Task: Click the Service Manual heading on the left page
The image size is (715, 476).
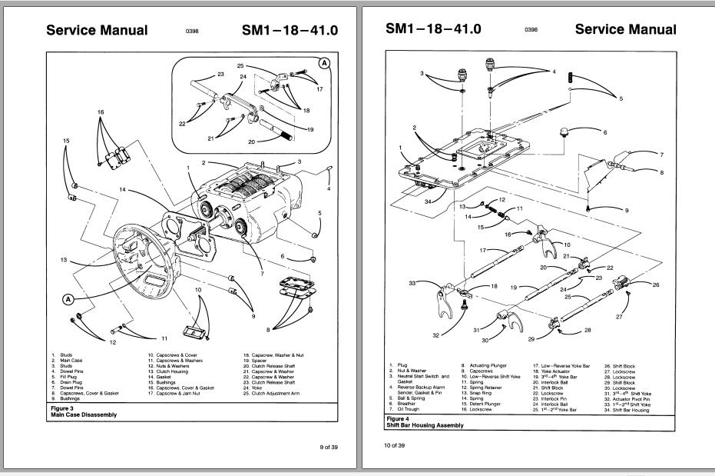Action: coord(97,31)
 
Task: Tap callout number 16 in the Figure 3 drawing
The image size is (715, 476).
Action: coord(100,112)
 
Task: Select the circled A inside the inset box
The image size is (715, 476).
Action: coord(325,64)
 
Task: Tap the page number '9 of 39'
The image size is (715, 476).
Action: coord(328,448)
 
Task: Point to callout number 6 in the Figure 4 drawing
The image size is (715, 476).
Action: coord(604,132)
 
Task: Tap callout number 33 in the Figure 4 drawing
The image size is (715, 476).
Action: coord(412,283)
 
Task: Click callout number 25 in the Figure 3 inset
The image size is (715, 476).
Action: coord(240,66)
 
